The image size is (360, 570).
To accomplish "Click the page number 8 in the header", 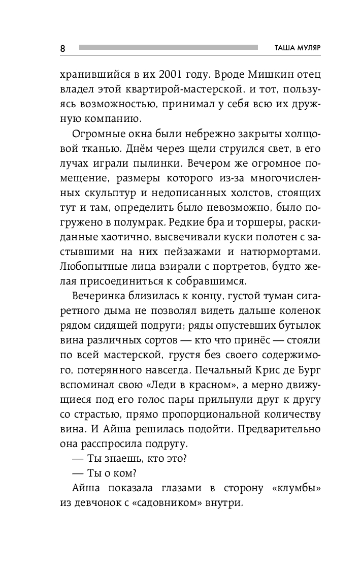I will [62, 48].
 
